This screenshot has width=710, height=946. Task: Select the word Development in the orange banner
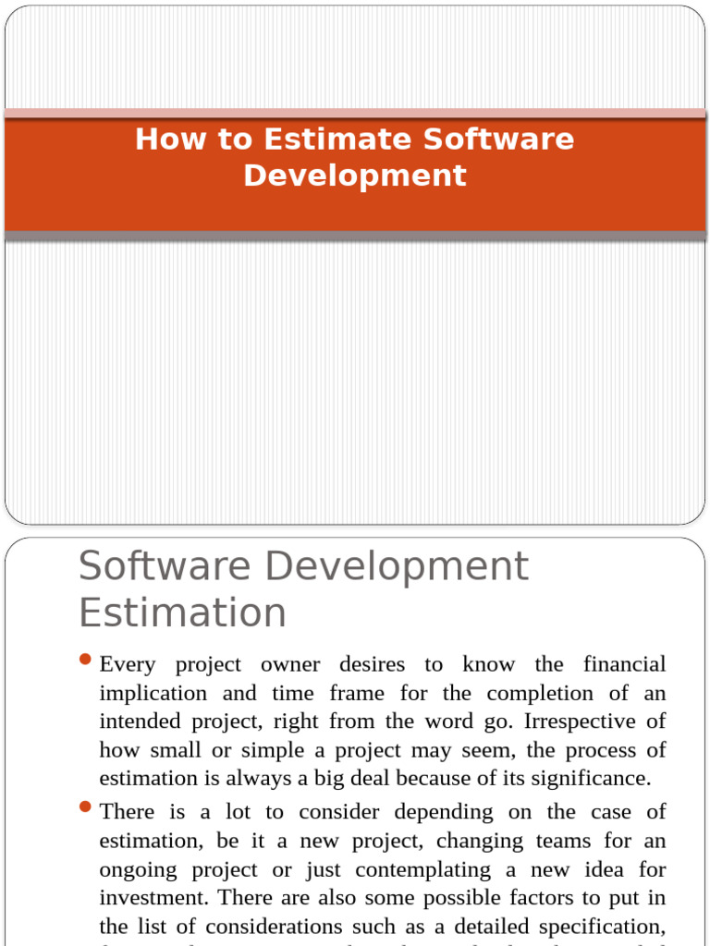(355, 176)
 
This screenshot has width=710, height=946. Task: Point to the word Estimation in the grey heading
(182, 612)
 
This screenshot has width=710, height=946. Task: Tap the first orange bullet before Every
(86, 660)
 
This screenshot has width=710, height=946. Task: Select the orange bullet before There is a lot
(86, 807)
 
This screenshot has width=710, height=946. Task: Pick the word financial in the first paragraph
(625, 664)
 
